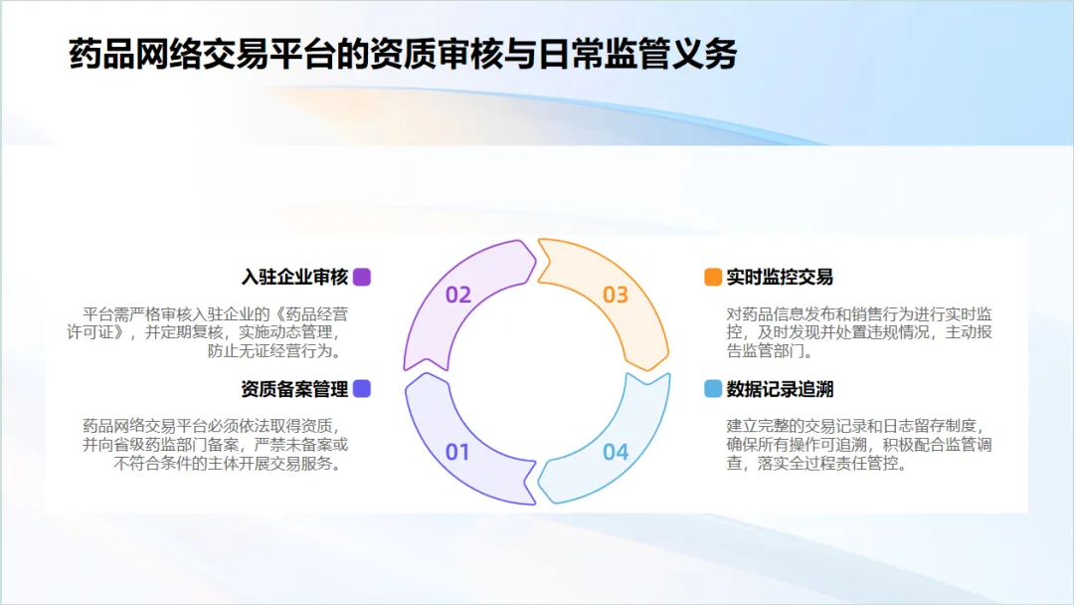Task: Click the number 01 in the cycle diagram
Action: click(457, 453)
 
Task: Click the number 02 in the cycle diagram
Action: click(458, 295)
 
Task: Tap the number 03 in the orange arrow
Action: click(616, 295)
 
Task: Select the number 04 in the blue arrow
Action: click(616, 453)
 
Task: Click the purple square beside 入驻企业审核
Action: click(362, 277)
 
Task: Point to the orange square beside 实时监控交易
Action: click(712, 277)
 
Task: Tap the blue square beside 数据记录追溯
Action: click(712, 388)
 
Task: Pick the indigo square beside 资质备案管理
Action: click(362, 389)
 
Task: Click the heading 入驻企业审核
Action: click(294, 277)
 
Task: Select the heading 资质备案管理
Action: click(294, 389)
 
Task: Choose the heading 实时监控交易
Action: click(780, 277)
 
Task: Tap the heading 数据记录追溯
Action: click(780, 388)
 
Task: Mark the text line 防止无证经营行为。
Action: click(274, 350)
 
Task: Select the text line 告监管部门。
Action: click(770, 350)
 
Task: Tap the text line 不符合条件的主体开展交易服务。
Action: click(229, 464)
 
